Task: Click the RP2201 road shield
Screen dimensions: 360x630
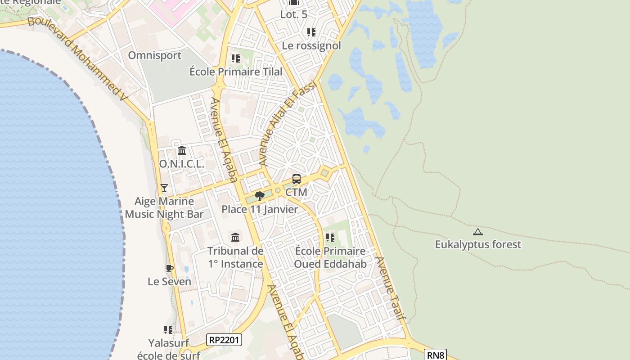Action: pos(224,340)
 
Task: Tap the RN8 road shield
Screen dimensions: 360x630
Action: pos(436,355)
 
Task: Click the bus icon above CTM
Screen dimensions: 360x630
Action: pos(297,179)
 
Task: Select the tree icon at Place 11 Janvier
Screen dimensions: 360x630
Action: pos(259,196)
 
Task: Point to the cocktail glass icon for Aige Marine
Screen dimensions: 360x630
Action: pos(164,188)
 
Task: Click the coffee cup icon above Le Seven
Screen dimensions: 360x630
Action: pos(169,269)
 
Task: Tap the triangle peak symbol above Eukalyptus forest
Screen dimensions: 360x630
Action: pos(477,232)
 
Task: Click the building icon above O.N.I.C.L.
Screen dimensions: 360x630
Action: pos(182,150)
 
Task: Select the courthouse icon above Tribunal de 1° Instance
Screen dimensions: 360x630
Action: pos(235,237)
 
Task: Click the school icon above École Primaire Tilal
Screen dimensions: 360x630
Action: pos(236,58)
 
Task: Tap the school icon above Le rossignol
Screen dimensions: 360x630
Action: pos(311,32)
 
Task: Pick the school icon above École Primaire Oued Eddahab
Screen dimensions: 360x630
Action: pos(330,237)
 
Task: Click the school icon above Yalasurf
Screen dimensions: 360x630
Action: pos(168,330)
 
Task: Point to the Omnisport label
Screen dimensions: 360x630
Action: pos(155,55)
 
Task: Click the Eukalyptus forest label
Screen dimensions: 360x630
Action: pos(478,245)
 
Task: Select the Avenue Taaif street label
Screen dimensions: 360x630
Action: pos(391,288)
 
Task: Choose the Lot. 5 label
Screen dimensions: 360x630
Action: pos(294,14)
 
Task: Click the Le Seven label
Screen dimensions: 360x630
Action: pos(169,282)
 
